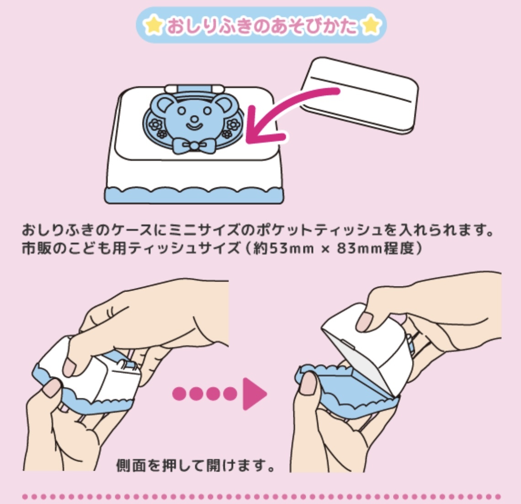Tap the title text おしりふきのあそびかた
261,26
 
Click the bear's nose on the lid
195,118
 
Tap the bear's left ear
165,103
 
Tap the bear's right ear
223,103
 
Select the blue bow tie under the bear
193,145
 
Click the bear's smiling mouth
194,126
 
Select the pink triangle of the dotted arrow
255,394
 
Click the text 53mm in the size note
291,248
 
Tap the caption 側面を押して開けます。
196,465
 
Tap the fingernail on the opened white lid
365,321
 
